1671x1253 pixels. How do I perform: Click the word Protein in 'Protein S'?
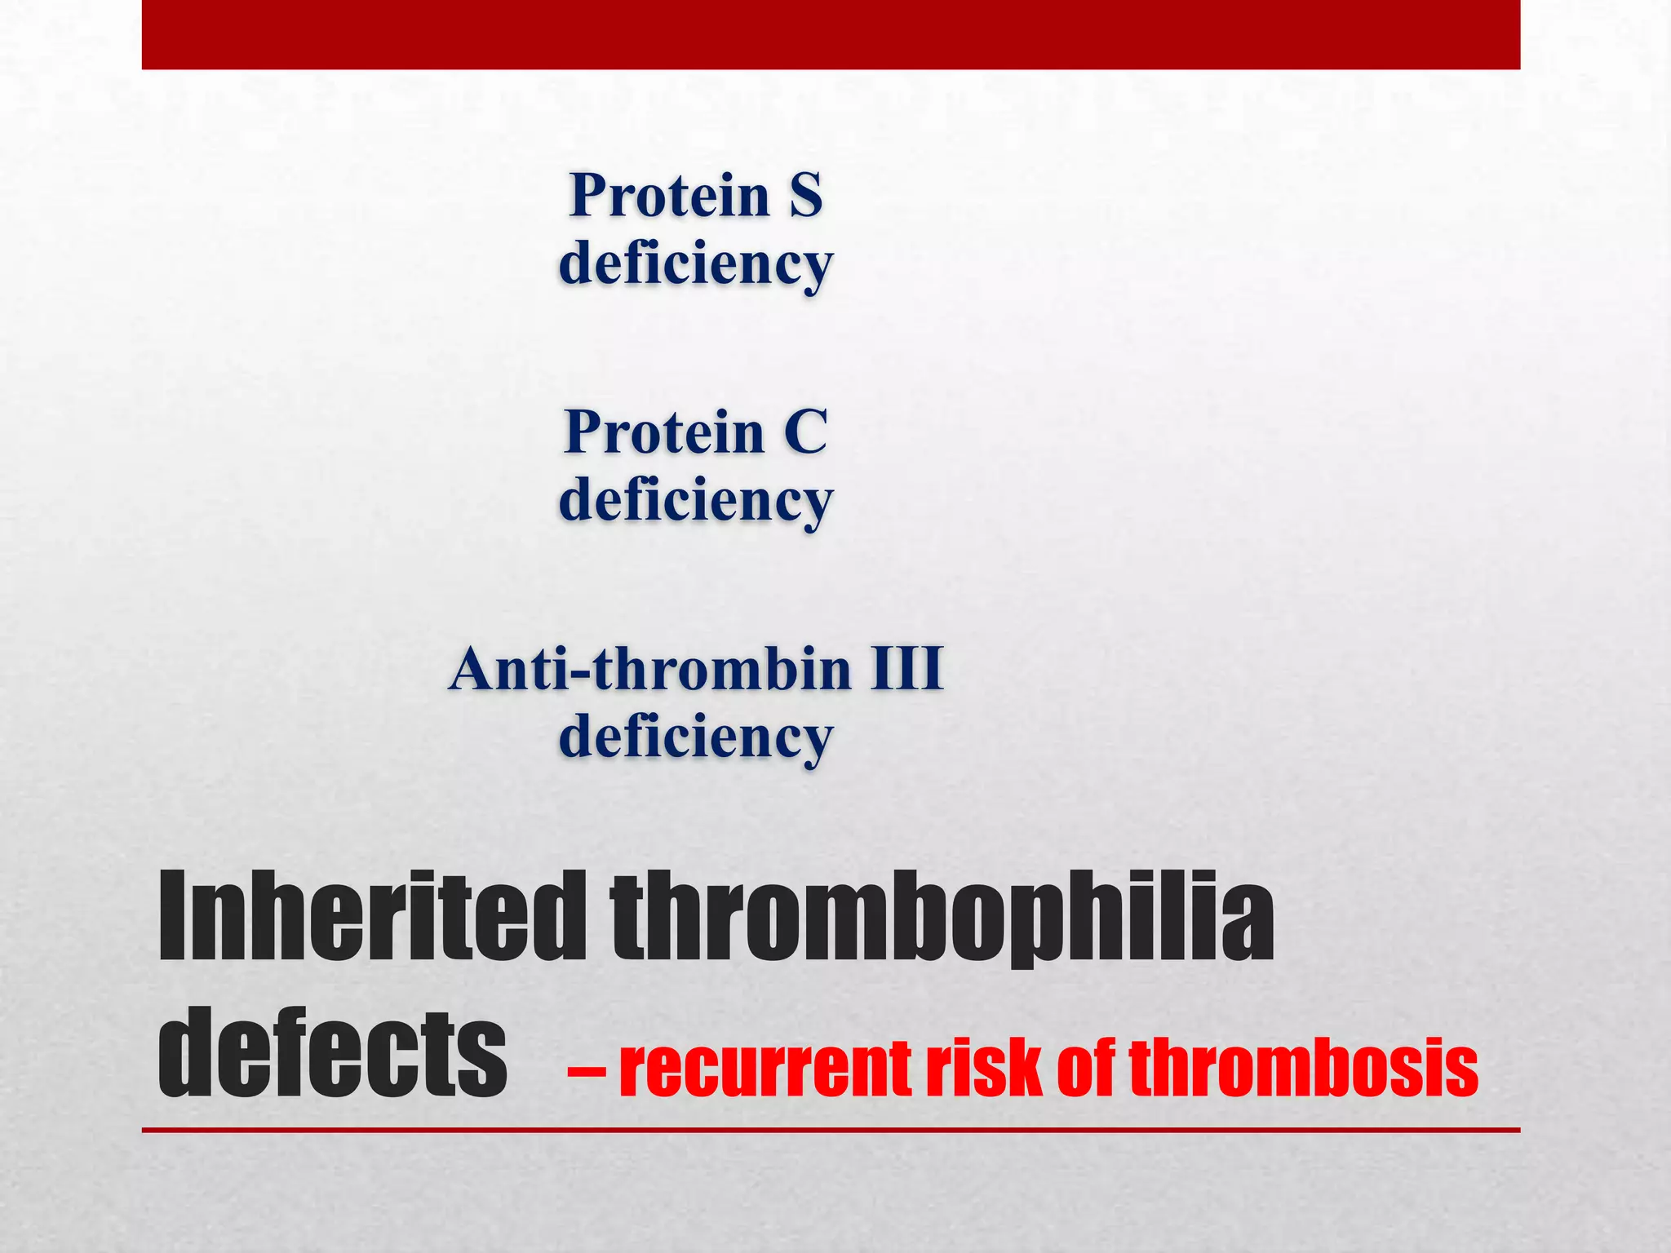tap(669, 196)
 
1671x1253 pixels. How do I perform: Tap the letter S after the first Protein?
tap(805, 196)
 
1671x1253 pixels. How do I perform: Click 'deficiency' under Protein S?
tap(696, 263)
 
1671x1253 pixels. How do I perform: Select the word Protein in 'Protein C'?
tap(664, 432)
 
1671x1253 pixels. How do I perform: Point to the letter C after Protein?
tap(805, 432)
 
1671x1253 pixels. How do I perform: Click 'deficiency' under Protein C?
tap(696, 500)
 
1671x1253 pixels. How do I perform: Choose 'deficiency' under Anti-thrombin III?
tap(696, 737)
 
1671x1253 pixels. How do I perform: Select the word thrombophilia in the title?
tap(942, 918)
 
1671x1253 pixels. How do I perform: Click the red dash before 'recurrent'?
tap(587, 1069)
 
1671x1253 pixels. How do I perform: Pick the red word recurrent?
tap(764, 1069)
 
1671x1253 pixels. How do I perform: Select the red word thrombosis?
tap(1304, 1068)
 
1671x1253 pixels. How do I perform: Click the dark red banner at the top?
tap(831, 34)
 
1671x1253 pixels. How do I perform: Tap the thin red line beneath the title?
tap(831, 1130)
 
